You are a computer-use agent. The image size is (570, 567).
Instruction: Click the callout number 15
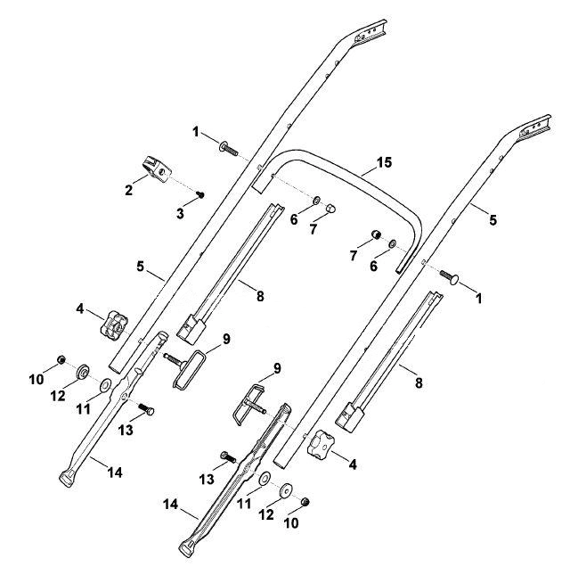coord(385,162)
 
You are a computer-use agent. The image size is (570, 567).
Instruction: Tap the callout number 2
coord(128,190)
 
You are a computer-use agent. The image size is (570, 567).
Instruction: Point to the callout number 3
coord(180,214)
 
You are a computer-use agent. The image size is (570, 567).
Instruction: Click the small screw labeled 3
coord(199,194)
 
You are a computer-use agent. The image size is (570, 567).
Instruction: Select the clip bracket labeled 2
coord(157,168)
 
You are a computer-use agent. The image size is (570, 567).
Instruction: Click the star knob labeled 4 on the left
coord(114,323)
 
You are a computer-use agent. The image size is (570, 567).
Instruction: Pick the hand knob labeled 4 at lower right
coord(320,443)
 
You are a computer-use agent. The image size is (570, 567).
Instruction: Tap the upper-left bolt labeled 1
coord(228,148)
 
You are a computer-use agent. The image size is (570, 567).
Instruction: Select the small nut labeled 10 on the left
coord(61,359)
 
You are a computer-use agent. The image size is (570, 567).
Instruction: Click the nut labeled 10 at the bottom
coord(305,502)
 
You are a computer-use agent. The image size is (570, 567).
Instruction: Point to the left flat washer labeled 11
coord(106,385)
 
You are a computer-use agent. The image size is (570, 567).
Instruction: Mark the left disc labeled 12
coord(83,371)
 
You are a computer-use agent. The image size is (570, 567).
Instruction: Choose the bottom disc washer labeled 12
coord(286,490)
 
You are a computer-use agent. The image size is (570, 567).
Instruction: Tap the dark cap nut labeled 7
coord(376,234)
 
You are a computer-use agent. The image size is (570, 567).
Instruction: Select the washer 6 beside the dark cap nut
coord(392,243)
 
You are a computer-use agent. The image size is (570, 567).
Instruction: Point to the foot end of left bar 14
coord(68,478)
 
